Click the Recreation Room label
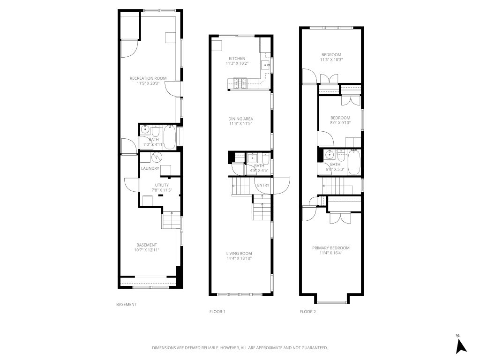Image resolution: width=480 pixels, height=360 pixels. click(x=148, y=78)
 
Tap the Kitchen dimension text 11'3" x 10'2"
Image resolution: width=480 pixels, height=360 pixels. click(x=237, y=63)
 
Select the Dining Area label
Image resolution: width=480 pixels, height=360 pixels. click(x=240, y=119)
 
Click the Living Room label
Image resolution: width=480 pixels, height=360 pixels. click(x=239, y=253)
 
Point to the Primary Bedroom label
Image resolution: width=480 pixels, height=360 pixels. click(x=331, y=248)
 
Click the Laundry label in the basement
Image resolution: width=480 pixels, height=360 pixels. click(x=150, y=169)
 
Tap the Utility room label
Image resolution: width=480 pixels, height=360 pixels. click(x=162, y=186)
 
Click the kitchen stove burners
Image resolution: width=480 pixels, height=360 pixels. click(x=240, y=84)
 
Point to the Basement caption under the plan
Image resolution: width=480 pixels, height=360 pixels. click(x=127, y=305)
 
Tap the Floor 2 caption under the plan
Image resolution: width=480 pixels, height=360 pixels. click(x=308, y=312)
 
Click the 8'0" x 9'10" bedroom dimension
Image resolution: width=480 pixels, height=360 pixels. click(x=340, y=123)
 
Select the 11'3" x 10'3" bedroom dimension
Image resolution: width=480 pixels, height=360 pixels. click(x=331, y=60)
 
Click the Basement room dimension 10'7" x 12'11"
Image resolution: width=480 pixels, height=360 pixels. click(x=147, y=250)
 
